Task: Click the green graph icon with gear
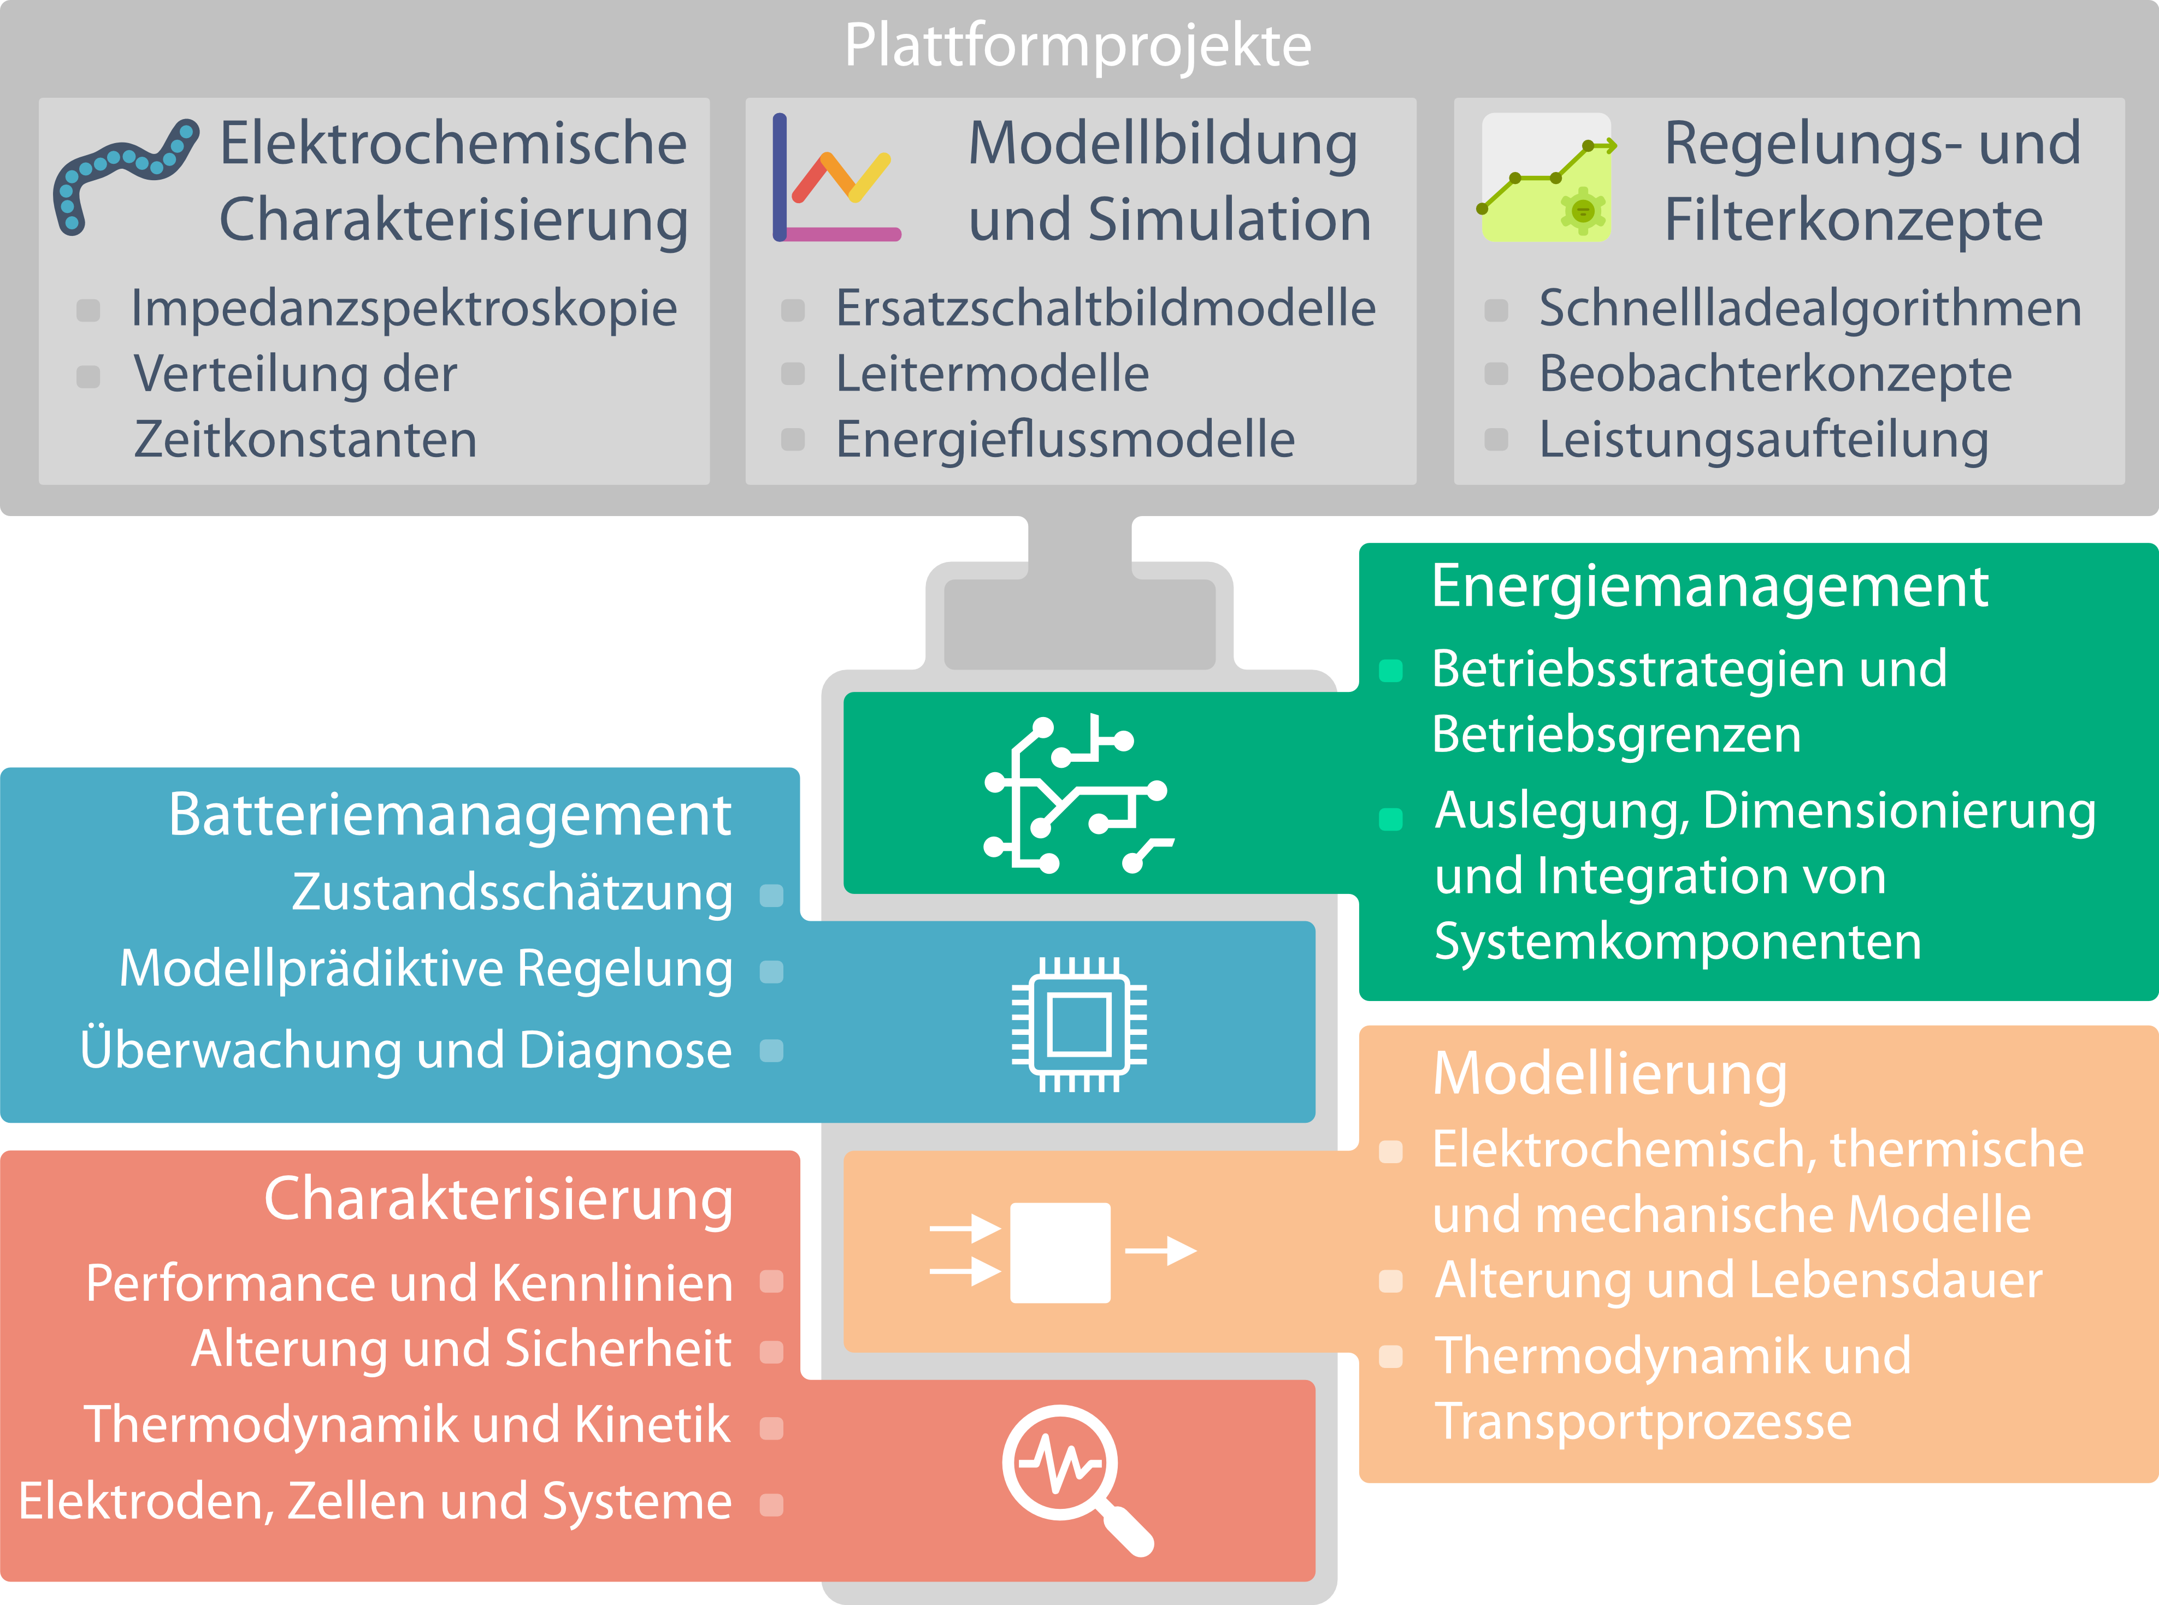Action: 1546,179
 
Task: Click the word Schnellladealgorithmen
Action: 1810,309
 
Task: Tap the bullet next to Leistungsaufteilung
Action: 1496,440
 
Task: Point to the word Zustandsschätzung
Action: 512,893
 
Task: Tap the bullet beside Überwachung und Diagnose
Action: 771,1050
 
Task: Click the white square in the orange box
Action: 1060,1252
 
